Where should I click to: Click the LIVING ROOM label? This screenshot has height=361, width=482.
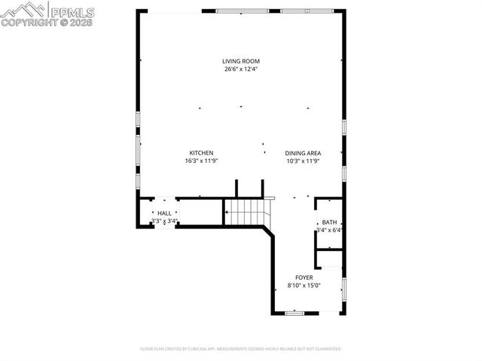point(240,61)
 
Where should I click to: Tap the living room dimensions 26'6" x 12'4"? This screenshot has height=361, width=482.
point(240,69)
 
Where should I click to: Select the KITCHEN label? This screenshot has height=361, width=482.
point(201,152)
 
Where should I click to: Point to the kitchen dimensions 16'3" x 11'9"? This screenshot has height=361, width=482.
point(201,161)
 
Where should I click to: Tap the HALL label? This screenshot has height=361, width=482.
point(163,213)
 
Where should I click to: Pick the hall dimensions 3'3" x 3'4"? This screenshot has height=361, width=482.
point(163,221)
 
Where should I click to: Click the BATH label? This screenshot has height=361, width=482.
point(329,222)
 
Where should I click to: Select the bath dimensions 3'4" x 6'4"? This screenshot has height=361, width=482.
point(329,231)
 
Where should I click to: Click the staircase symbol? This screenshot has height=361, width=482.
point(247,213)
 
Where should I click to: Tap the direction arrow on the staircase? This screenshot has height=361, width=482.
point(226,213)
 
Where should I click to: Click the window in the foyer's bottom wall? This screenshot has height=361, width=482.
point(294,313)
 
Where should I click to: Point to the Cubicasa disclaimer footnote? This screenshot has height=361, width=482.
point(240,349)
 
